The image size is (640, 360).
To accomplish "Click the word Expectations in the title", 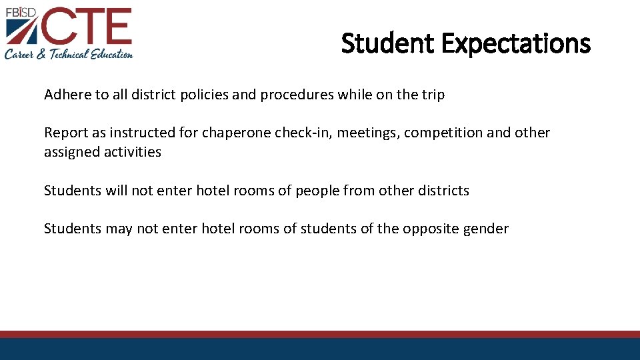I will tap(515, 44).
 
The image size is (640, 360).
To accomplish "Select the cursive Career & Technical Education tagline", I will tap(69, 54).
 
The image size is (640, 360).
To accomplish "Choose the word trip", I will tap(432, 95).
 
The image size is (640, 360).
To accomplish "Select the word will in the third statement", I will tap(116, 191).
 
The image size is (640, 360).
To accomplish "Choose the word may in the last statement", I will tap(119, 229).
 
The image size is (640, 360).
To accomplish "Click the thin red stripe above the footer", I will tap(320, 334).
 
